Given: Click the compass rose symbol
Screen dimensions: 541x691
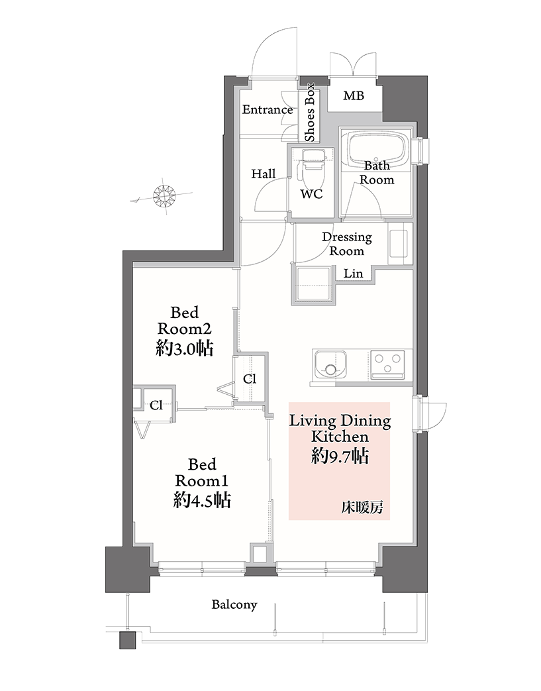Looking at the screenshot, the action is (164, 194).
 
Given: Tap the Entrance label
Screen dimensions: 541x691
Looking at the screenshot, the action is (268, 109).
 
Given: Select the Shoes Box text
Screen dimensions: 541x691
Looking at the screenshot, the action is (310, 112).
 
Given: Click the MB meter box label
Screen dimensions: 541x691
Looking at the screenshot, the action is (354, 95).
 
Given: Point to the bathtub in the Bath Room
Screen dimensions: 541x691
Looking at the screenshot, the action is (376, 150).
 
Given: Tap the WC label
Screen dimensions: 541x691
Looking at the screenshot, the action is (311, 194).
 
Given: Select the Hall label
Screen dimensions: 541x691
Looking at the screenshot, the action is (264, 174).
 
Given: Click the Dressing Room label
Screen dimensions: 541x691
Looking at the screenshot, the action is (347, 244).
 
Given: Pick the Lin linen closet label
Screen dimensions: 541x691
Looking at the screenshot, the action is (354, 273).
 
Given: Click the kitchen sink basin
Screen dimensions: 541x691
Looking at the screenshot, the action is (330, 365).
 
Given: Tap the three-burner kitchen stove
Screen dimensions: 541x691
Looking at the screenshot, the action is (387, 364).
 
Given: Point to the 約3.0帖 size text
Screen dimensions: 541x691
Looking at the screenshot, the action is (185, 349).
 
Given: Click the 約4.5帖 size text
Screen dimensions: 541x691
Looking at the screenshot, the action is (202, 500).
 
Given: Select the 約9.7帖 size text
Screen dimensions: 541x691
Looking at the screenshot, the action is (340, 456).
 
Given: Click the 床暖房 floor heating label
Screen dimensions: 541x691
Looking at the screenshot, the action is (362, 507).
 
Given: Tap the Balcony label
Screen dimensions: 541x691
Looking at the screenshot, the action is (234, 605).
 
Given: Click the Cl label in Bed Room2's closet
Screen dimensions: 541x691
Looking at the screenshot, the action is (250, 378).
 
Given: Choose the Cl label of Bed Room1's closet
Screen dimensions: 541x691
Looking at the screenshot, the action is (156, 405).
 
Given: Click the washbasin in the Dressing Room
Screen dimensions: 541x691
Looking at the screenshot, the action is (400, 244).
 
